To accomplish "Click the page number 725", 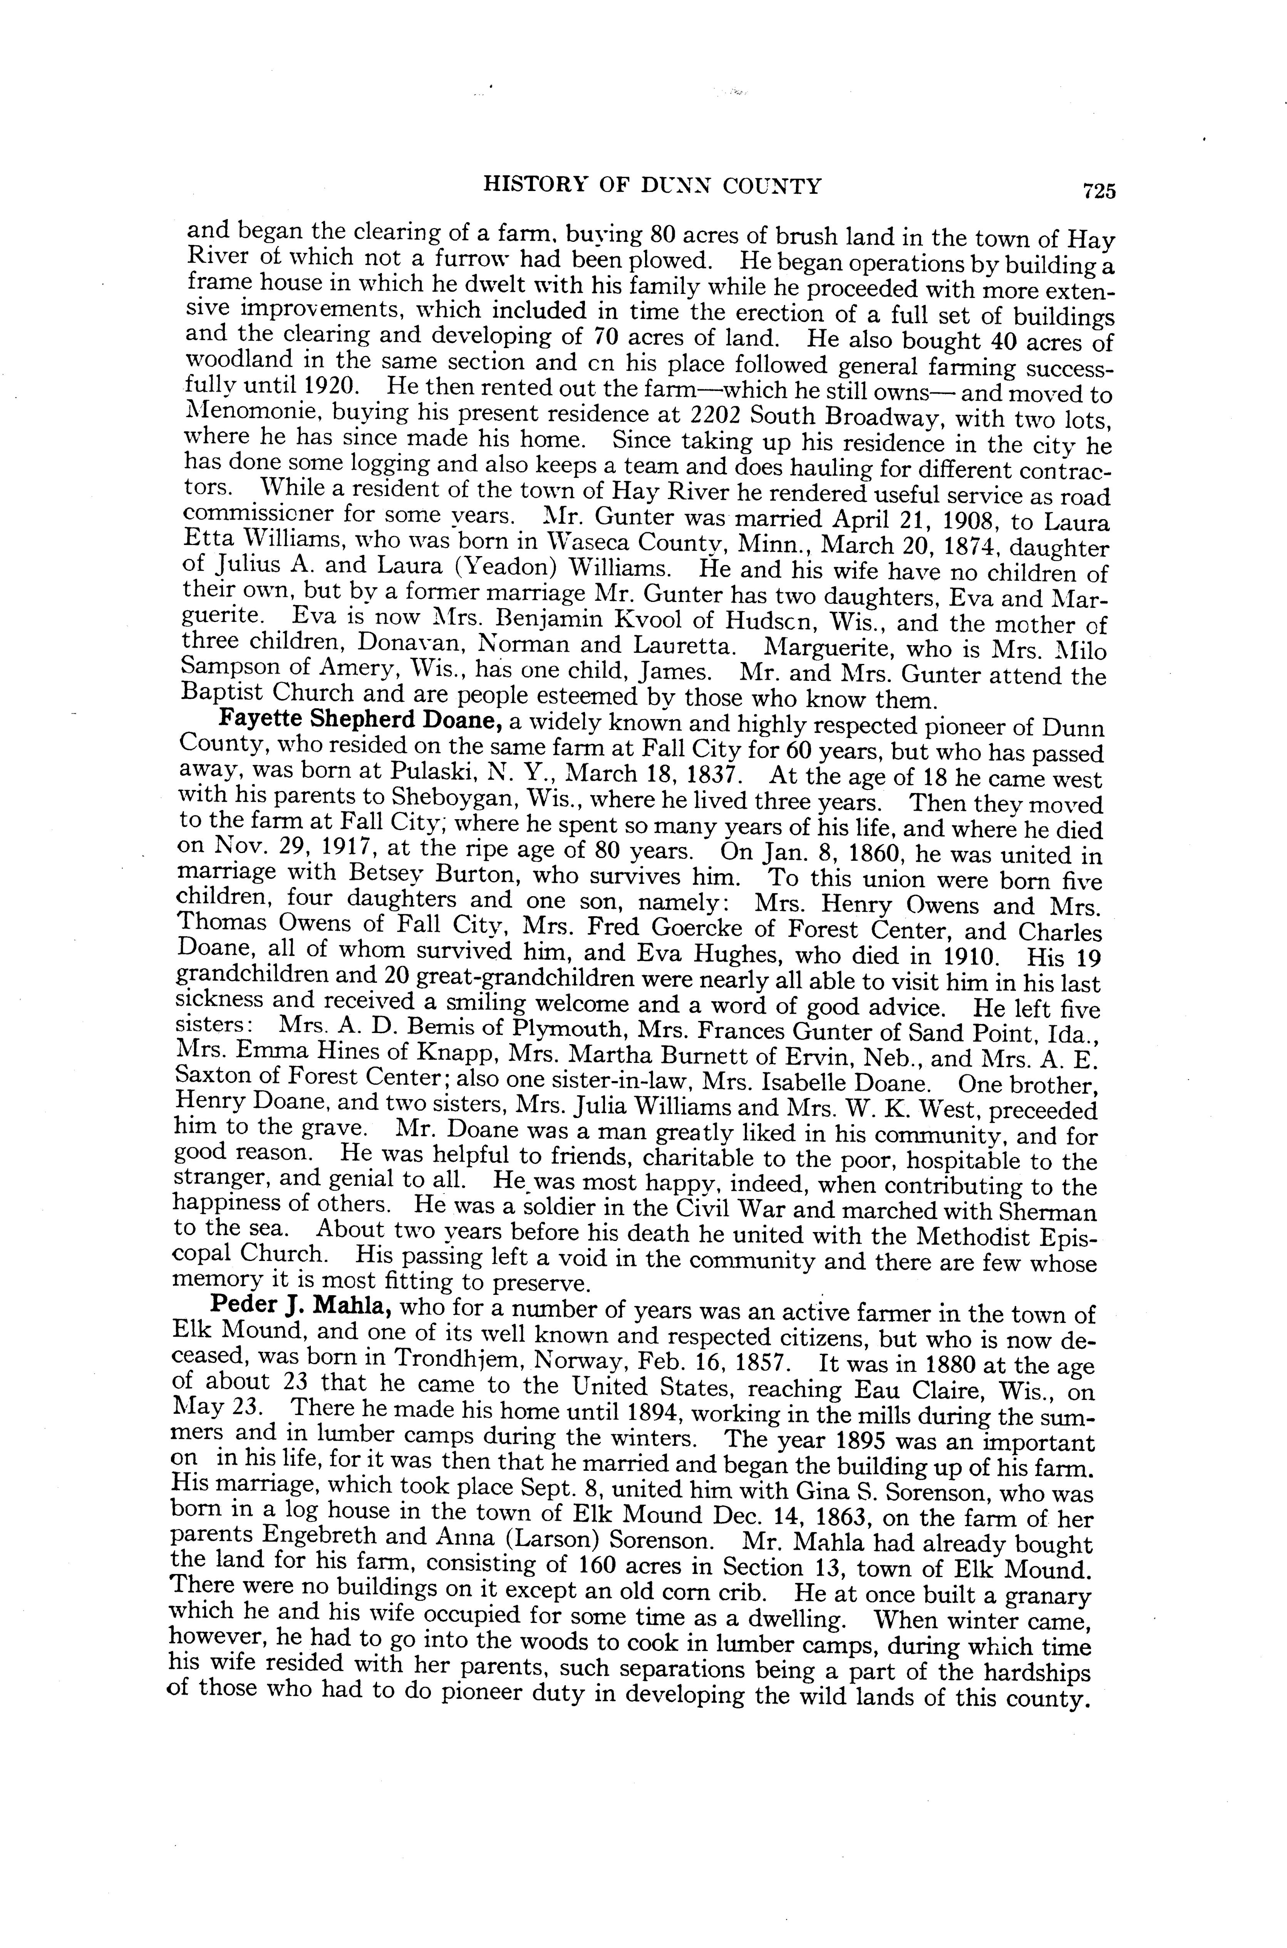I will tap(1099, 191).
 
